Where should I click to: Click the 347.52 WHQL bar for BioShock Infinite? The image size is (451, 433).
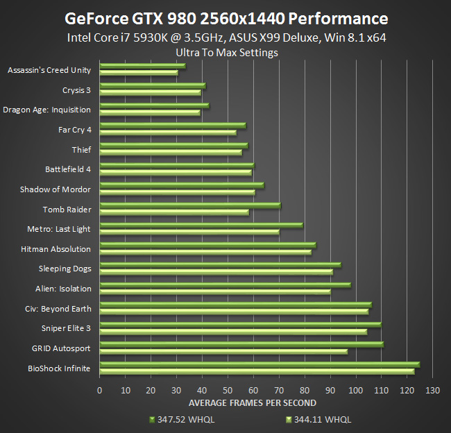pyautogui.click(x=259, y=364)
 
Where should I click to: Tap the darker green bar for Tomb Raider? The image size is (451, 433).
pyautogui.click(x=190, y=205)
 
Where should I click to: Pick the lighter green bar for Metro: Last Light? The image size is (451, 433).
pyautogui.click(x=189, y=232)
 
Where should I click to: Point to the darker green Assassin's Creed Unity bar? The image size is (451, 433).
pyautogui.click(x=142, y=67)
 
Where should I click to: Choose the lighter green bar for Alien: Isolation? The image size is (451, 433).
pyautogui.click(x=215, y=291)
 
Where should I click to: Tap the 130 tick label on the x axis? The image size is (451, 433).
pyautogui.click(x=432, y=390)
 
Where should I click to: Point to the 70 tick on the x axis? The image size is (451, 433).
pyautogui.click(x=279, y=390)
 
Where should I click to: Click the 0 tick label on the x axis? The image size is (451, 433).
pyautogui.click(x=100, y=390)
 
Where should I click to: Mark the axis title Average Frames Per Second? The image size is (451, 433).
pyautogui.click(x=253, y=402)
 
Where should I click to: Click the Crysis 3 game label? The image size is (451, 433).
pyautogui.click(x=76, y=90)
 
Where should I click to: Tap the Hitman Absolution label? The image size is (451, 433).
pyautogui.click(x=56, y=249)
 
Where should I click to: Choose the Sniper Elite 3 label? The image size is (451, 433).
pyautogui.click(x=66, y=328)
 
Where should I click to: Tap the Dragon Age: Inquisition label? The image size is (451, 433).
pyautogui.click(x=47, y=110)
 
